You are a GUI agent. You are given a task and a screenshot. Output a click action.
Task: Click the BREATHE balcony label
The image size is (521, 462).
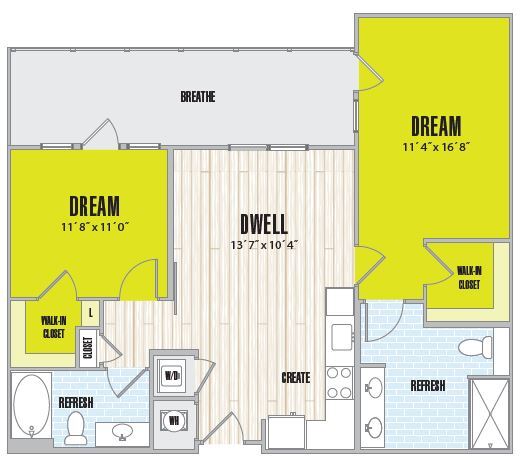198,97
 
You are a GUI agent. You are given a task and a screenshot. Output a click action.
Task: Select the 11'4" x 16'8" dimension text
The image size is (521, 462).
436,148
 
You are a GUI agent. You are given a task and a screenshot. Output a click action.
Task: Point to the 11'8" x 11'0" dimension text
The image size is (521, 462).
95,226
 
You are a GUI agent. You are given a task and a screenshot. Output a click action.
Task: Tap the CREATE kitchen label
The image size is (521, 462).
295,378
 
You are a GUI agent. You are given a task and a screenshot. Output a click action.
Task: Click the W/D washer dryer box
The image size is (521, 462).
170,375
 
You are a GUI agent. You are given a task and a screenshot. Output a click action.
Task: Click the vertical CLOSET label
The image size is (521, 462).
88,347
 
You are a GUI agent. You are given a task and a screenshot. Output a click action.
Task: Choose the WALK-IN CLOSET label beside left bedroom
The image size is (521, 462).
54,326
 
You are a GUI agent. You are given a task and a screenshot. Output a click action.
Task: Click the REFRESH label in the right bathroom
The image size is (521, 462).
427,386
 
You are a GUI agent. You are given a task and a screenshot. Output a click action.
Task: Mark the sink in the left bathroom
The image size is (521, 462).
122,432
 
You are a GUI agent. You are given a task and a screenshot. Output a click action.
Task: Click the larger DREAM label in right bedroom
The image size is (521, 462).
436,127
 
